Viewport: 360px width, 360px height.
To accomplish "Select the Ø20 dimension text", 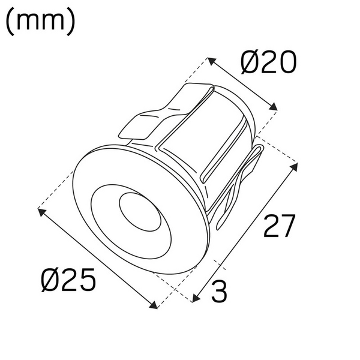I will click(268, 62).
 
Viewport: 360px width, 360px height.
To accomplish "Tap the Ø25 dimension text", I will click(69, 280).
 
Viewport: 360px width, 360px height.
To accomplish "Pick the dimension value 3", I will click(220, 292).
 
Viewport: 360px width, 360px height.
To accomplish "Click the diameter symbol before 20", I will click(251, 62).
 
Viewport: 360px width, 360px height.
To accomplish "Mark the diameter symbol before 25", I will click(52, 280).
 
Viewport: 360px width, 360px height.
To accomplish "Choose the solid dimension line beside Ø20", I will click(242, 84).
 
